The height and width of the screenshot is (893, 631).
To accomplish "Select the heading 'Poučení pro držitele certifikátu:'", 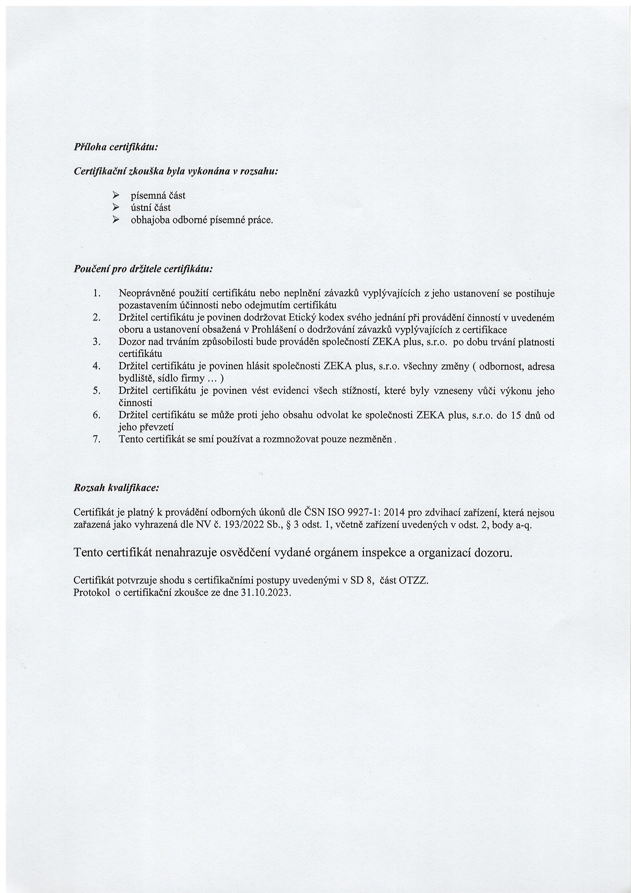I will point(143,269).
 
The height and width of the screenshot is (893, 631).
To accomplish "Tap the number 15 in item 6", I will point(516,415).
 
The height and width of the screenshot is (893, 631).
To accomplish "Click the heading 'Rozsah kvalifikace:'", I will point(116,488).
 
